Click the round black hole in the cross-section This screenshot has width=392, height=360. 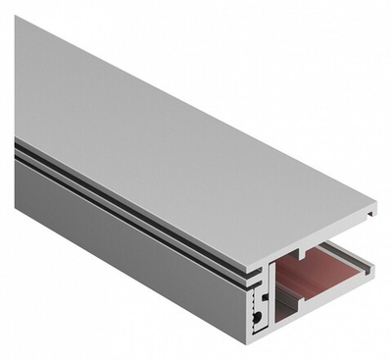pyautogui.click(x=257, y=318)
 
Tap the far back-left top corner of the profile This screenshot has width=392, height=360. pyautogui.click(x=17, y=18)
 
